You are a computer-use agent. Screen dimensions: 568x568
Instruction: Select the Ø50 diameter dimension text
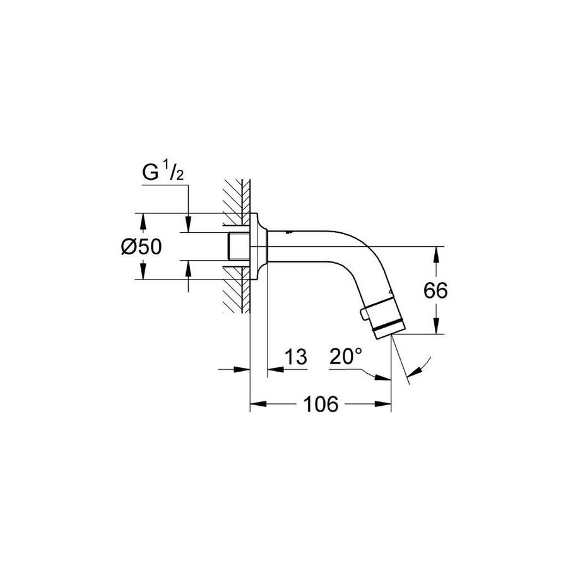(x=142, y=247)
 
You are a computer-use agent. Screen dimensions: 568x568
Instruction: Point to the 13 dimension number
(x=295, y=357)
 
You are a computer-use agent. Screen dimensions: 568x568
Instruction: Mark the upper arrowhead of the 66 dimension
(x=435, y=252)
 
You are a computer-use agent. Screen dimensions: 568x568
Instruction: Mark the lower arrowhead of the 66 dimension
(x=435, y=328)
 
